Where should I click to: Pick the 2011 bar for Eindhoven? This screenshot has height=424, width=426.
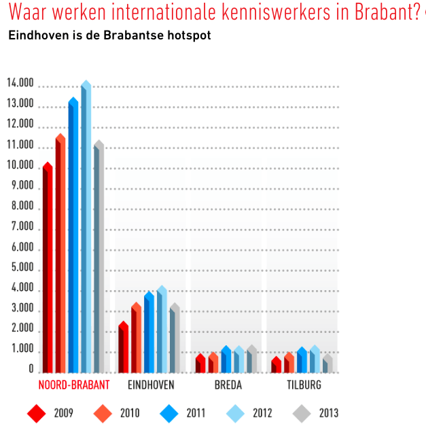point(149,333)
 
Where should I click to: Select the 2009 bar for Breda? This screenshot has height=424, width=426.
point(200,364)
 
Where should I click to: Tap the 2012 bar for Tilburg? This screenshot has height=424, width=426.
point(315,360)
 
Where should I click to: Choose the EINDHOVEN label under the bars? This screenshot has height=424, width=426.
point(151,385)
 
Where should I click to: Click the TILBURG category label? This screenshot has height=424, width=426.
point(303,385)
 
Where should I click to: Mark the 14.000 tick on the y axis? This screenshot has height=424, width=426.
point(20,84)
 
